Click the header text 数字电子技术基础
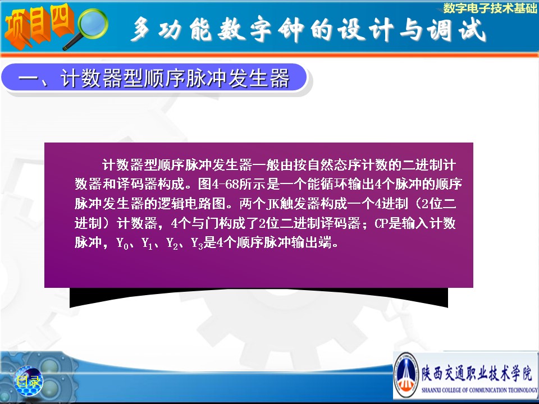[x=490, y=8]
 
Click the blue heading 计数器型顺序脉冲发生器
[x=175, y=78]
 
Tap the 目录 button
[x=28, y=382]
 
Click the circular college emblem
[x=406, y=375]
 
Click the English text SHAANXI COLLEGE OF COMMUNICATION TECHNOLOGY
[x=479, y=390]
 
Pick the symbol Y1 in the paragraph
[x=147, y=244]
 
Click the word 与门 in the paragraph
[x=205, y=224]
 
